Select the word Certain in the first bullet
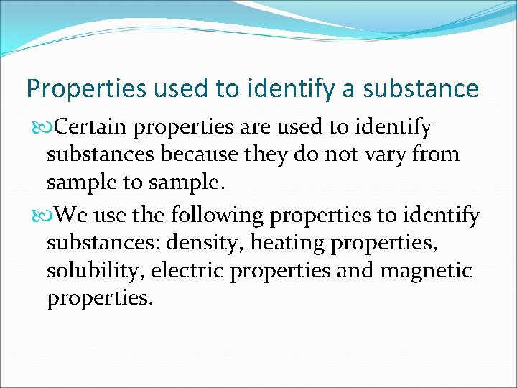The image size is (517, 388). (x=91, y=128)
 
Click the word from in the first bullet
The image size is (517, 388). (x=434, y=154)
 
